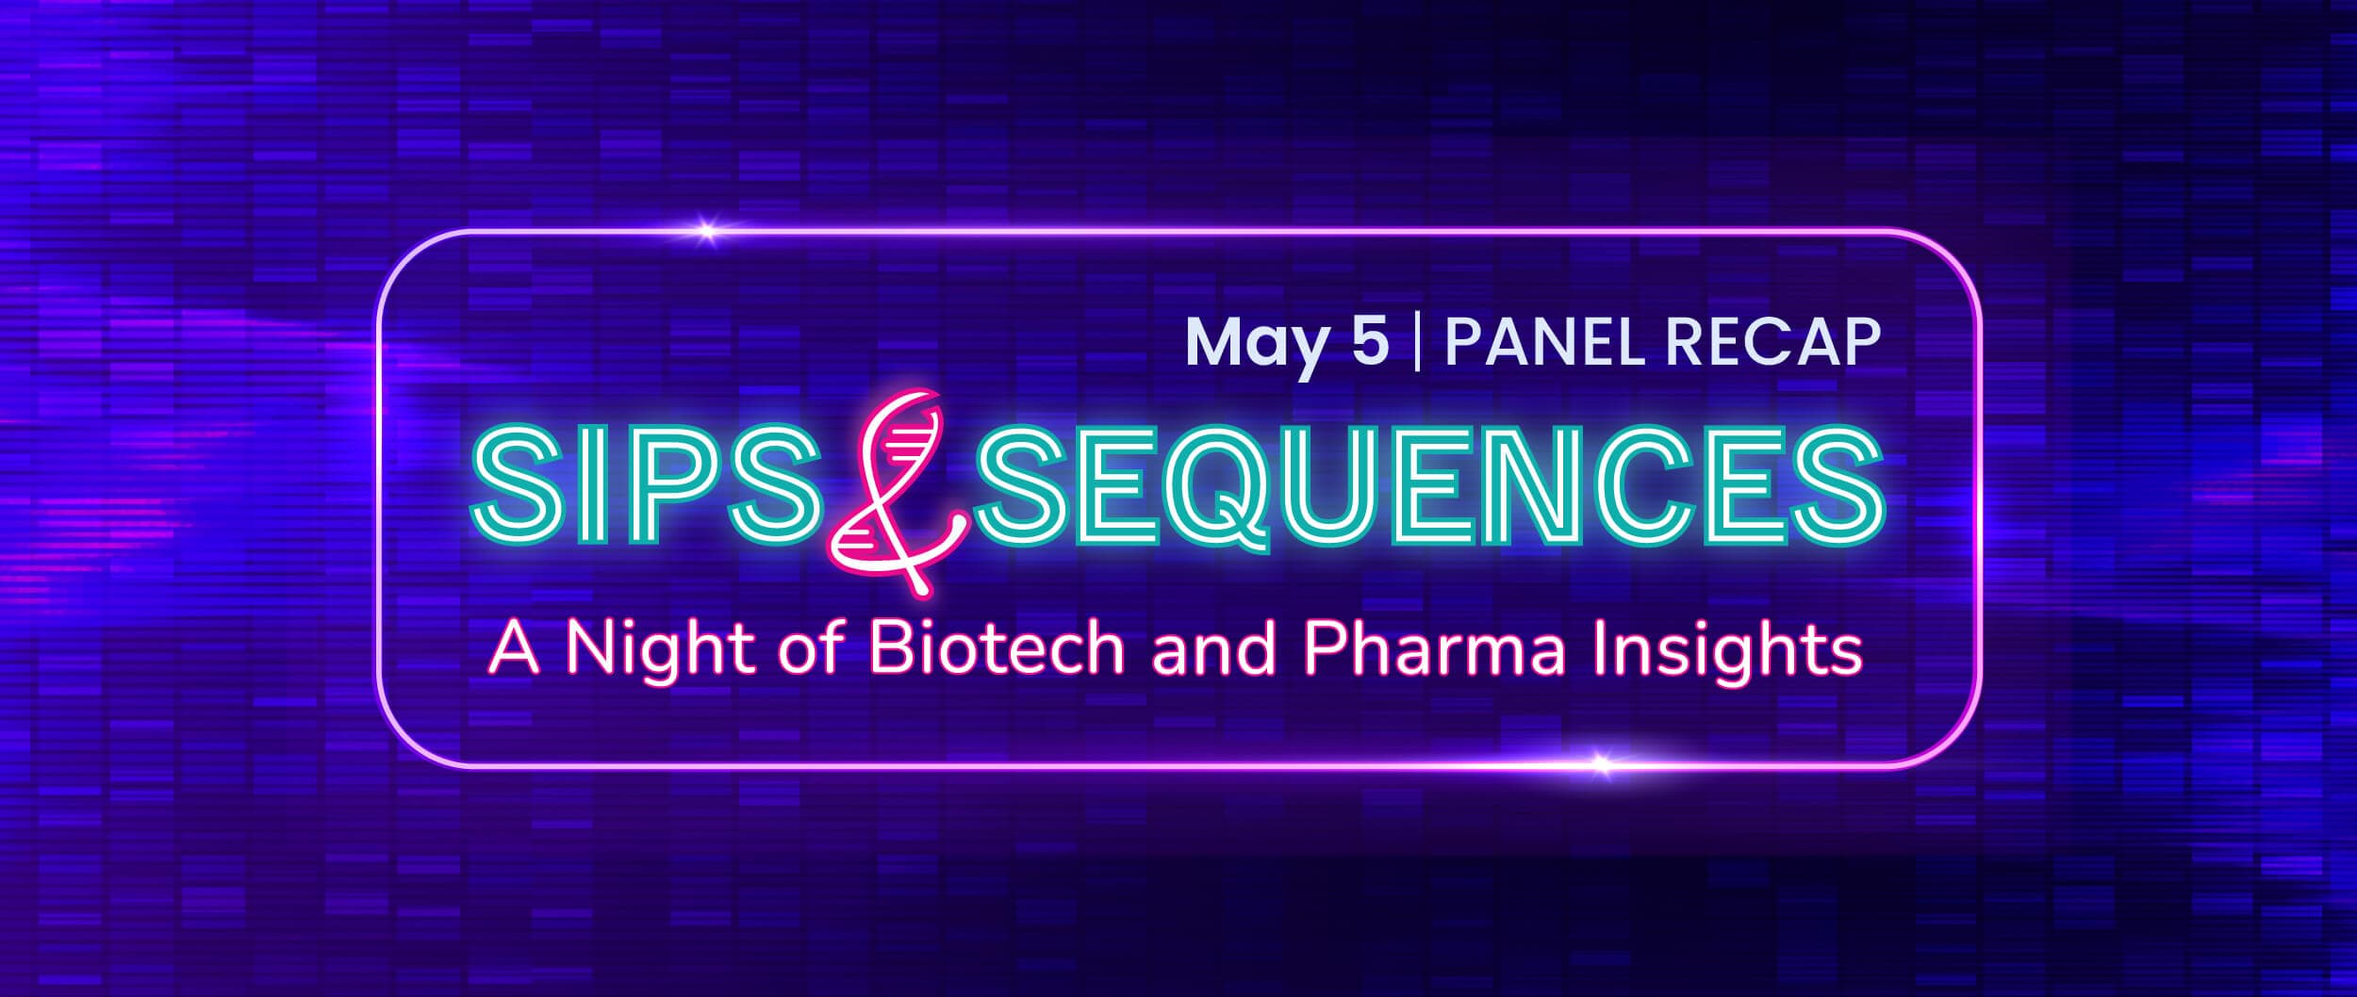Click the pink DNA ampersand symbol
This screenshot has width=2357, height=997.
[x=895, y=490]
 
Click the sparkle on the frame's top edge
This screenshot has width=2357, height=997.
[x=707, y=228]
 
